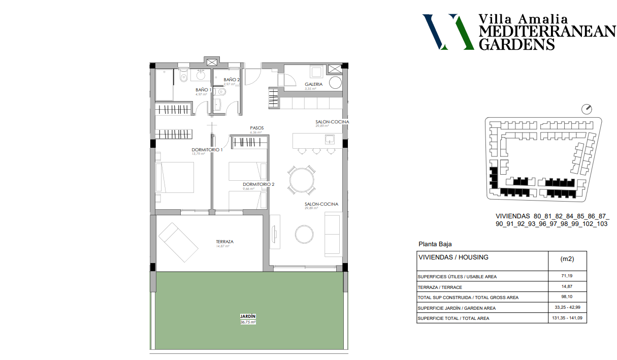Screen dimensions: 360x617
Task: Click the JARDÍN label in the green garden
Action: coord(248,316)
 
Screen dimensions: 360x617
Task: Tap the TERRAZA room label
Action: coord(224,242)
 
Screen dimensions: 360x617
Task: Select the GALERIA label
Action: coord(313,84)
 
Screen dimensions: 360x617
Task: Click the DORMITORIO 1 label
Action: coord(207,150)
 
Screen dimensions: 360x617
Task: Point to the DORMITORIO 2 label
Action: coord(258,184)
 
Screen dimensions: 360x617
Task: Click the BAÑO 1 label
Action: coord(204,90)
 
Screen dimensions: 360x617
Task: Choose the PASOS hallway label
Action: coord(256,128)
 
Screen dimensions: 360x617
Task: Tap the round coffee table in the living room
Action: coord(305,234)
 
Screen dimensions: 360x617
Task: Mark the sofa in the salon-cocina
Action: coord(333,234)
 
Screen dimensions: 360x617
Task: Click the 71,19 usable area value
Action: coord(567,276)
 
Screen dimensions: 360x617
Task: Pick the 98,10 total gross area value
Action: coord(567,297)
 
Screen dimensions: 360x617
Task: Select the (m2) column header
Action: coord(567,259)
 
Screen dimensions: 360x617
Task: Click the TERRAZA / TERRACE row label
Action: coord(440,287)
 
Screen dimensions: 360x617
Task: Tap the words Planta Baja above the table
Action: coord(435,244)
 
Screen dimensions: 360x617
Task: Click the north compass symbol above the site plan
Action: coord(588,109)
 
